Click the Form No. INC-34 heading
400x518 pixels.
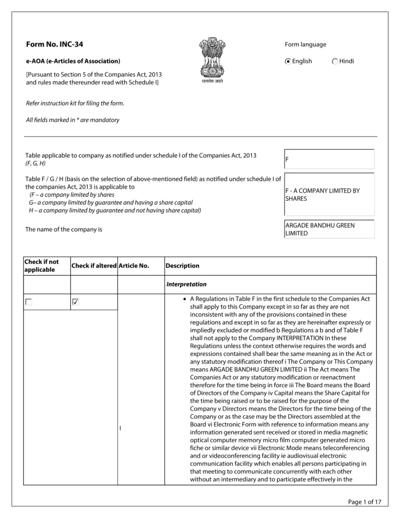click(x=54, y=45)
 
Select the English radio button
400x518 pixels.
click(x=288, y=61)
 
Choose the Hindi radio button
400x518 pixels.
click(x=335, y=61)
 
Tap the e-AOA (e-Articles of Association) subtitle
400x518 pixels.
click(x=73, y=61)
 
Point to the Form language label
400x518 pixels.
click(x=305, y=45)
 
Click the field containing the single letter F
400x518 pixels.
click(x=329, y=159)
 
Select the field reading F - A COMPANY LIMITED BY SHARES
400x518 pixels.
click(x=329, y=194)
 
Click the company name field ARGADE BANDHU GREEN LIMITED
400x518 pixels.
click(x=329, y=229)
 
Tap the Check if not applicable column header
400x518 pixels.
click(x=41, y=266)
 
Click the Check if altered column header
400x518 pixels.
click(x=94, y=266)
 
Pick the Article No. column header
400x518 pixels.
click(x=134, y=266)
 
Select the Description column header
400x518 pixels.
click(x=183, y=266)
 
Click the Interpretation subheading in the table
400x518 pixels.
click(x=186, y=284)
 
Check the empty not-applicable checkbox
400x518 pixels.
click(x=29, y=302)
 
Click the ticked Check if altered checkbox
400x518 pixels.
click(x=76, y=302)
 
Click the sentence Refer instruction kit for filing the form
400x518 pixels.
click(x=75, y=103)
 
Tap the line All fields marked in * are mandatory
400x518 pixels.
click(x=72, y=120)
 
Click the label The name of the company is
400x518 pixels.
click(x=64, y=229)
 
